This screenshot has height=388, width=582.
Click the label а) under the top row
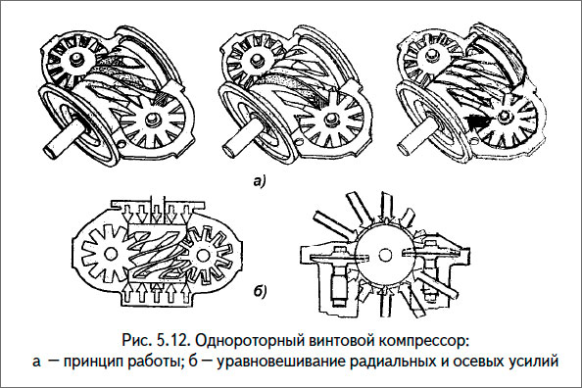click(x=291, y=181)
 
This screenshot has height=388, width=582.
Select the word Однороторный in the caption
click(x=248, y=342)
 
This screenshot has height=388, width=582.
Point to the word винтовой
click(x=341, y=342)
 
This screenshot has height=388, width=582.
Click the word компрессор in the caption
click(x=422, y=342)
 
